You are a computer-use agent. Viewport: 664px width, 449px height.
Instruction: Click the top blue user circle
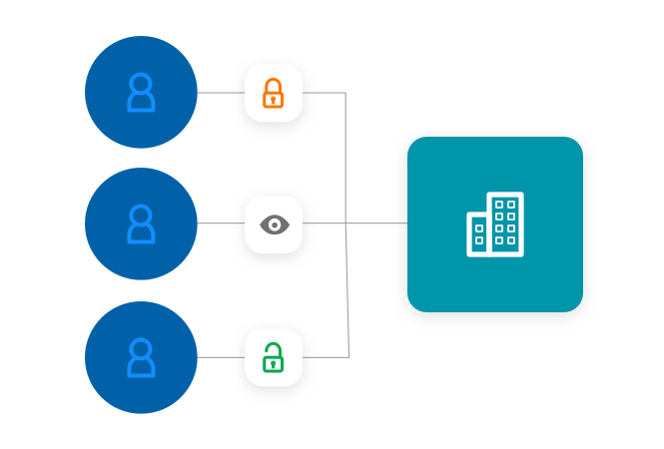(x=141, y=92)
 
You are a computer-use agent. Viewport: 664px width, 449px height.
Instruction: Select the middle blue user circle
(x=141, y=224)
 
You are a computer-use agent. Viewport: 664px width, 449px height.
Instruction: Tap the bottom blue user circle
(x=141, y=357)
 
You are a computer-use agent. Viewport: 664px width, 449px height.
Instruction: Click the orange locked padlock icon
(x=273, y=93)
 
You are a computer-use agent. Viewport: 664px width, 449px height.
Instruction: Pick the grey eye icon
(x=274, y=224)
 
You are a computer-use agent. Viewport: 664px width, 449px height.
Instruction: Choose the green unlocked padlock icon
(x=274, y=357)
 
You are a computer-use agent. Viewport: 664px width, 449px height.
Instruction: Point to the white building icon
(x=495, y=224)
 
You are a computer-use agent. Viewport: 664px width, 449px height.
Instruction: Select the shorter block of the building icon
(x=478, y=234)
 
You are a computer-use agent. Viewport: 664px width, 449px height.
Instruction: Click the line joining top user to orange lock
(x=221, y=93)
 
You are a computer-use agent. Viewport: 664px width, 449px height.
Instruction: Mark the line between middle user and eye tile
(x=221, y=224)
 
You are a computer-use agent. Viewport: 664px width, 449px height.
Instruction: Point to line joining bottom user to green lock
(x=221, y=357)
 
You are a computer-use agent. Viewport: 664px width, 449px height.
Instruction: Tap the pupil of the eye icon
(x=275, y=224)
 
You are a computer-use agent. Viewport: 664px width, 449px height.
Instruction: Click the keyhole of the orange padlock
(x=273, y=99)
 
